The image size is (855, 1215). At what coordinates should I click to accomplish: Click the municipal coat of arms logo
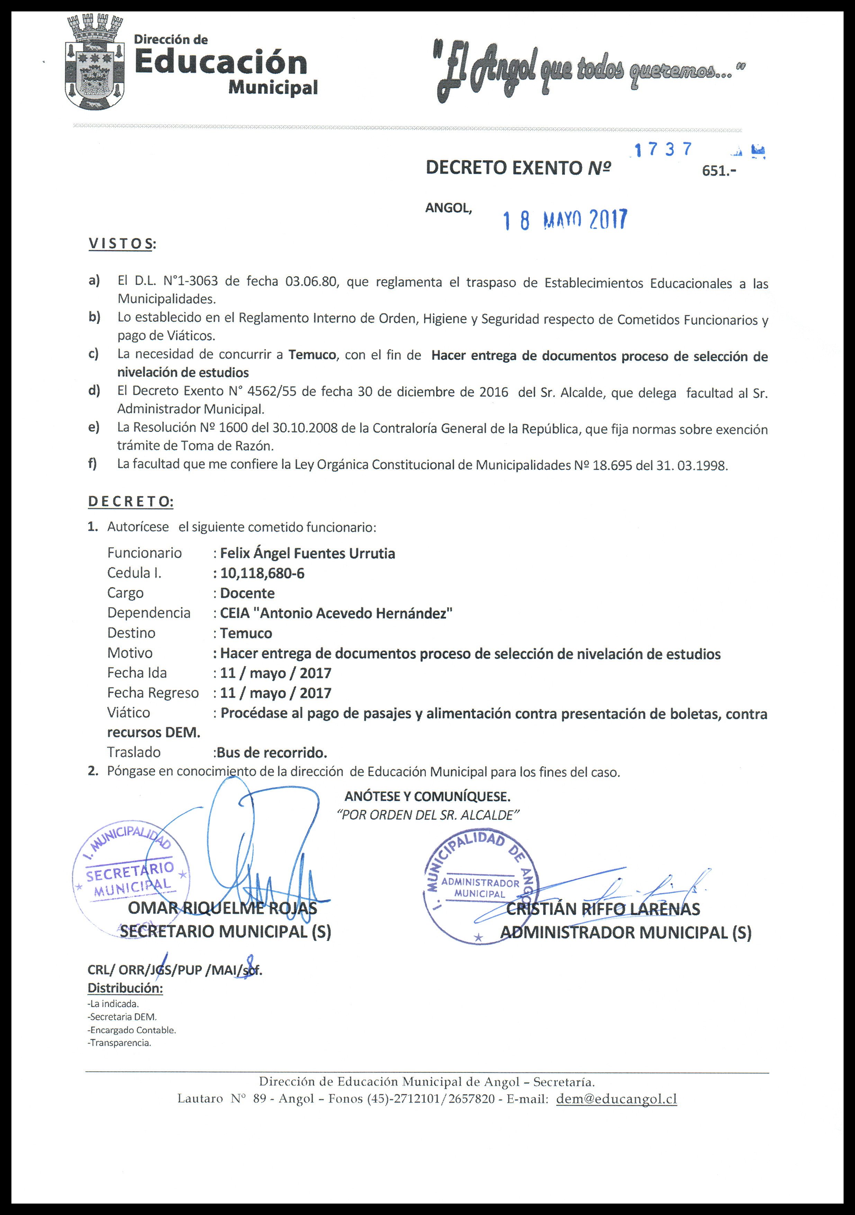[95, 63]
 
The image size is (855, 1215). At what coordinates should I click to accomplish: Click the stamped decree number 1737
[664, 150]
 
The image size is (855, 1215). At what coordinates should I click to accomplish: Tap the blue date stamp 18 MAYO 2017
[565, 219]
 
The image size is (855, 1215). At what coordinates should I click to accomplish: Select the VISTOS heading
[122, 244]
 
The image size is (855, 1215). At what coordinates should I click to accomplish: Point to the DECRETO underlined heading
[130, 502]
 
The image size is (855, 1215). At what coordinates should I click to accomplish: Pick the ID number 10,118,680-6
[262, 574]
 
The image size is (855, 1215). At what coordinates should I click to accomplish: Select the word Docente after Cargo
[247, 593]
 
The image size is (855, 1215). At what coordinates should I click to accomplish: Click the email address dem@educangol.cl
[616, 1099]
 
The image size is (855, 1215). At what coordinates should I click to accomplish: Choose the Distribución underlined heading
[125, 988]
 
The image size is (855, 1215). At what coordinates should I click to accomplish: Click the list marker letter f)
[92, 465]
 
